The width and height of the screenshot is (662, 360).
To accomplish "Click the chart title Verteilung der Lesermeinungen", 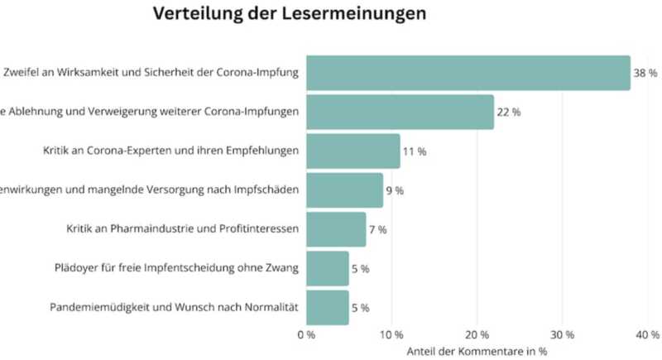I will click(x=290, y=15).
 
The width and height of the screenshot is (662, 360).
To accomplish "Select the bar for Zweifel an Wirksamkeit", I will click(x=468, y=73).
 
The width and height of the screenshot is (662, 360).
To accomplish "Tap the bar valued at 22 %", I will click(x=400, y=112).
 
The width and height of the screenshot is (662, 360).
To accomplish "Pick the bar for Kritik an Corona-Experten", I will click(x=353, y=151).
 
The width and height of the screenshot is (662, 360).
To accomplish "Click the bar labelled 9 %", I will click(x=344, y=190).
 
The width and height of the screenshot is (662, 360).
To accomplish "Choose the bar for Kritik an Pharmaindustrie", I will click(x=336, y=229).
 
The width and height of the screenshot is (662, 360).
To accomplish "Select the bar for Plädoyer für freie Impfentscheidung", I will click(x=328, y=268).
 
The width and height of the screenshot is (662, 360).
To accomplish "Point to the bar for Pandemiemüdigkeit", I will click(x=328, y=307).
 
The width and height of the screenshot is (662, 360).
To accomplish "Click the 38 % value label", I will click(x=645, y=74).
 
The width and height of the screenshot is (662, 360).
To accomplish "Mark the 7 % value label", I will click(x=378, y=229).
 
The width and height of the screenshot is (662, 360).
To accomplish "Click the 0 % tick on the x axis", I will click(x=305, y=335).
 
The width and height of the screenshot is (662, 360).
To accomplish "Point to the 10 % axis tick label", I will click(x=391, y=335).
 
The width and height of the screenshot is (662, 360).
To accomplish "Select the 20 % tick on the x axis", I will click(x=477, y=335).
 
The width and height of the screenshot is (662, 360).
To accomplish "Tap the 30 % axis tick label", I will click(x=562, y=335).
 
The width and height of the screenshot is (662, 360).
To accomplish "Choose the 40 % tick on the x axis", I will click(x=647, y=335).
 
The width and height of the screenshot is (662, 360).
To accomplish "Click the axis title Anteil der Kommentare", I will click(x=477, y=351).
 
